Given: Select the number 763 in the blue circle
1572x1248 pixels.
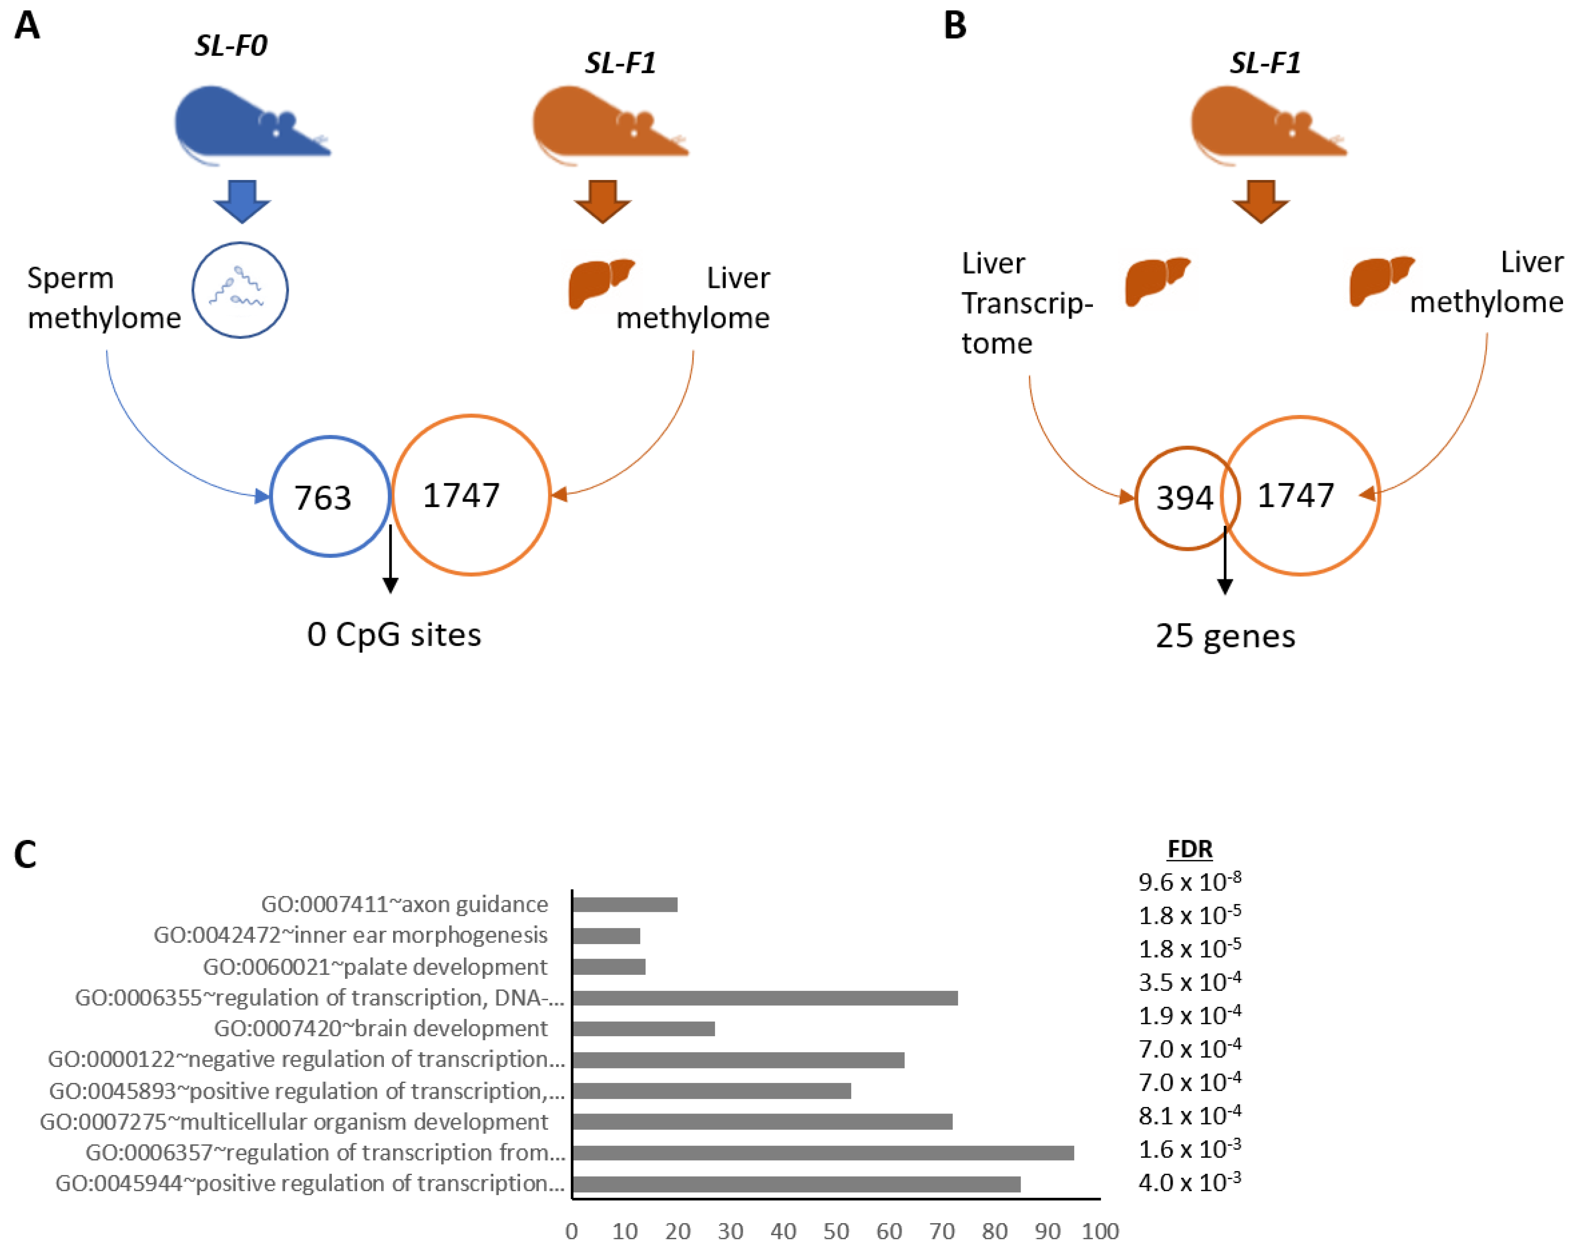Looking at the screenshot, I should click(322, 498).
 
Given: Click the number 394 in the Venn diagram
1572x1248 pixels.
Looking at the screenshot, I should click(1184, 498).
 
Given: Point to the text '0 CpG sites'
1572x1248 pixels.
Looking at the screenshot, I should click(394, 634).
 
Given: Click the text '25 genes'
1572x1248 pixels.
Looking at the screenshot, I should click(1225, 636).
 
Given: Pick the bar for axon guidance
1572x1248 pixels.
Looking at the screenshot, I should click(625, 905).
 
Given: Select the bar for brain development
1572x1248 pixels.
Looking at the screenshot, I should click(643, 1028).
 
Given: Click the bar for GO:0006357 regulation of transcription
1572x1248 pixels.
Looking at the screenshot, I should click(823, 1152).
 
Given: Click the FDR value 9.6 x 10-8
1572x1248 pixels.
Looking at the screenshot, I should click(1189, 881).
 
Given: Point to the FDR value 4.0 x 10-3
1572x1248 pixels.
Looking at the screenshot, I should click(1189, 1182).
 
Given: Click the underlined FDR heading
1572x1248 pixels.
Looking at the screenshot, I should click(1189, 849).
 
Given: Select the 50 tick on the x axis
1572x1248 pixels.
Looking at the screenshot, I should click(836, 1231).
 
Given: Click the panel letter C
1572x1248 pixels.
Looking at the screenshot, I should click(26, 854).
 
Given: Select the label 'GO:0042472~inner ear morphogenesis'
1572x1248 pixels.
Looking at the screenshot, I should click(350, 935).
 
